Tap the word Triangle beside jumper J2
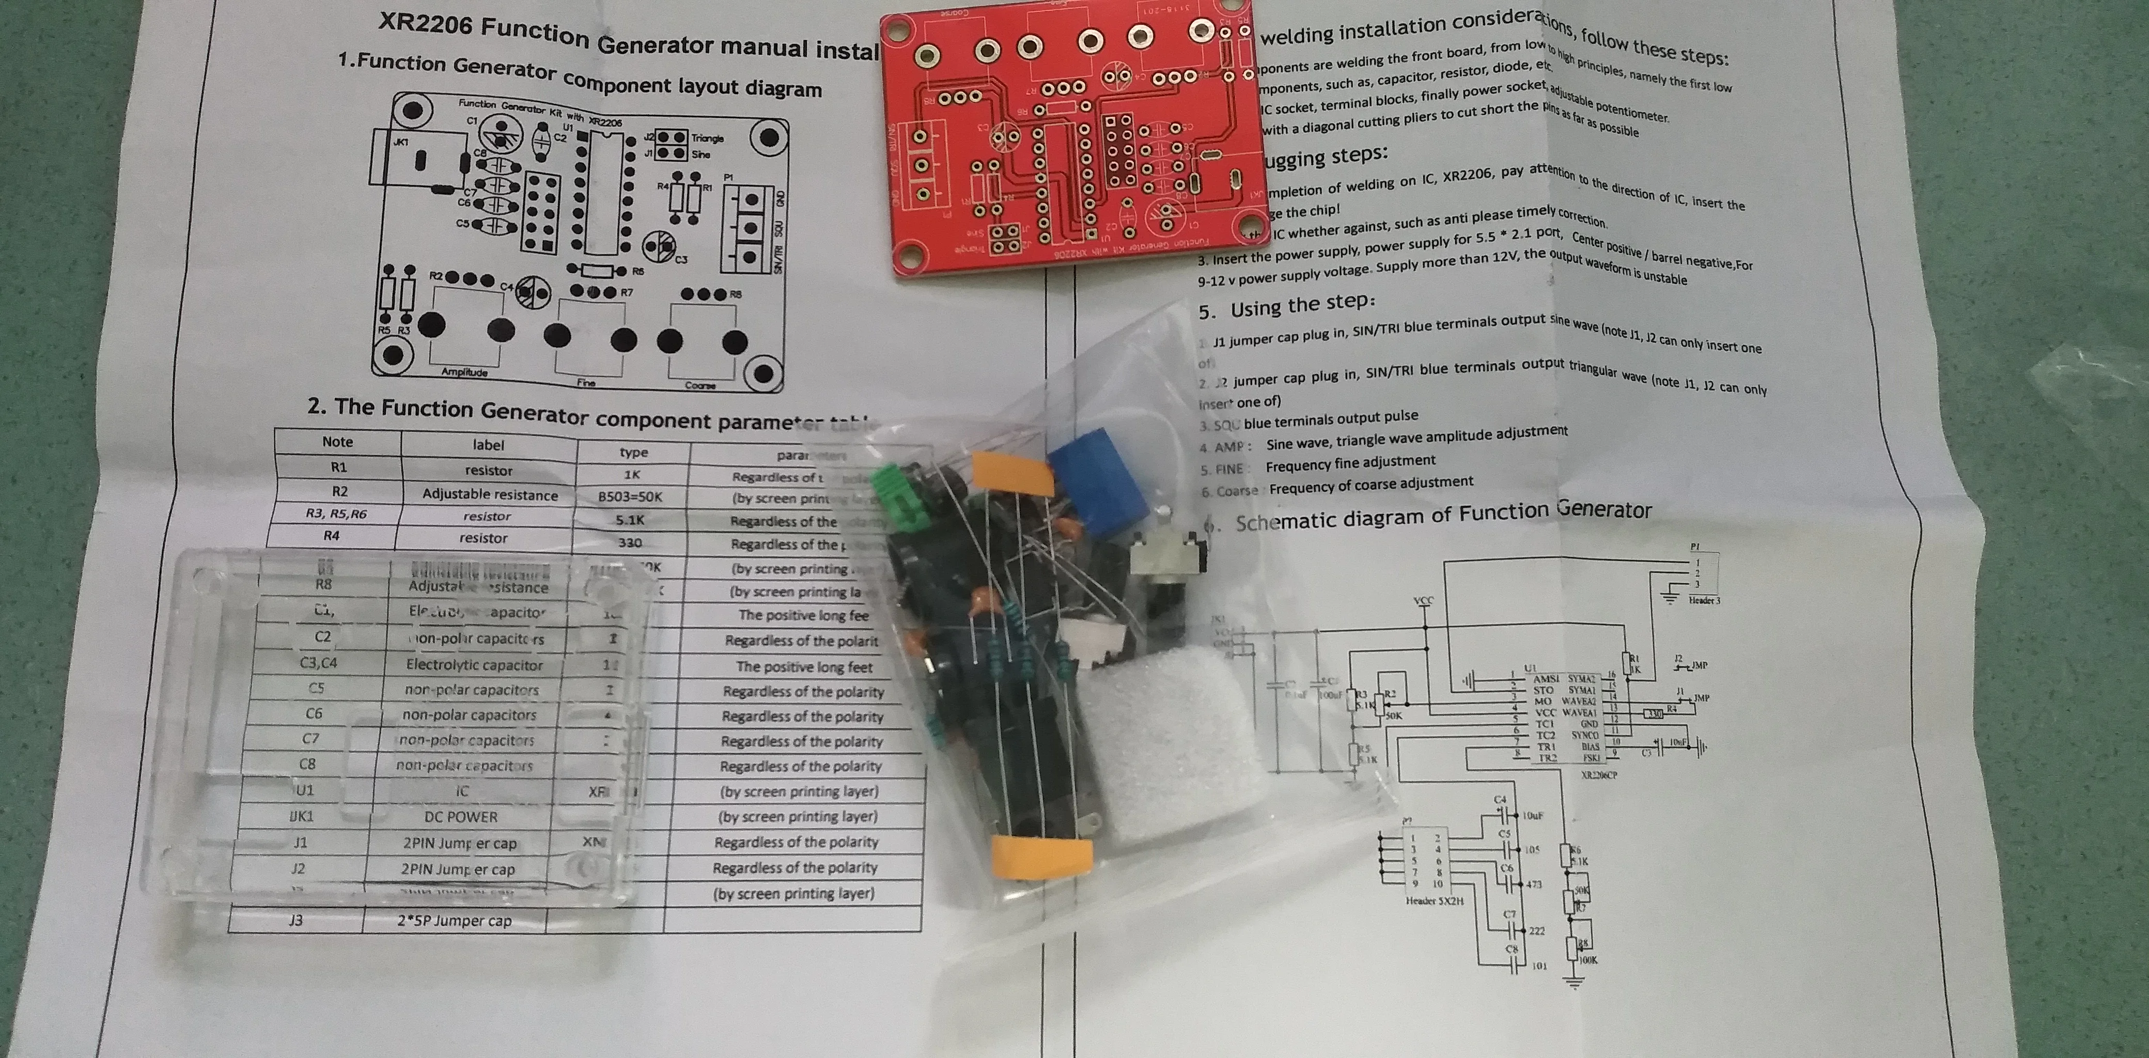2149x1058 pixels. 707,138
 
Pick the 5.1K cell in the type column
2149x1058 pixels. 631,520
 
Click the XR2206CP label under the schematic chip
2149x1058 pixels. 1598,775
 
